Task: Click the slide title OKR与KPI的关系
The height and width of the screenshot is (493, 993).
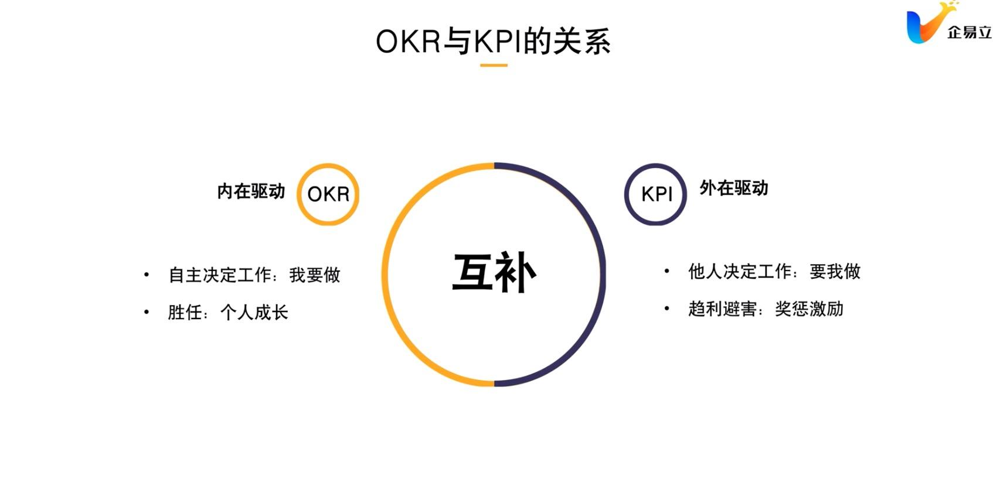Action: [x=493, y=42]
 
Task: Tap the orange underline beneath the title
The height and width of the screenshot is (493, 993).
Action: [x=494, y=66]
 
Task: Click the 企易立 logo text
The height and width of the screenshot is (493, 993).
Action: [x=969, y=32]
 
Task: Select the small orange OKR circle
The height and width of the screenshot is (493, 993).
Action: [x=328, y=194]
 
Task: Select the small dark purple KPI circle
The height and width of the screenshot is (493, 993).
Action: [x=655, y=194]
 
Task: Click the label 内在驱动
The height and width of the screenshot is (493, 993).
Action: [x=251, y=191]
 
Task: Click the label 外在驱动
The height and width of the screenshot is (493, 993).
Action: [x=733, y=188]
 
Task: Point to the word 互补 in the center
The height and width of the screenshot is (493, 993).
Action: [x=494, y=273]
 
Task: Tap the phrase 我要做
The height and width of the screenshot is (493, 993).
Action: [x=315, y=275]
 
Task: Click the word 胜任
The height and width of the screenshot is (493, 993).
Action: [x=185, y=312]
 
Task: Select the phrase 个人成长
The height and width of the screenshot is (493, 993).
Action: [x=254, y=312]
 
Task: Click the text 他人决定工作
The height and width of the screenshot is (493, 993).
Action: [x=740, y=271]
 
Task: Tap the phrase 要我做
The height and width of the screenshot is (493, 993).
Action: [x=835, y=271]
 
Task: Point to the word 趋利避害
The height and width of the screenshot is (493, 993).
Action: [x=722, y=309]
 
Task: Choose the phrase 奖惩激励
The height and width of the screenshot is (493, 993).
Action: [x=809, y=309]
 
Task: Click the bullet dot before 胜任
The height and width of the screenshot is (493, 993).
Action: [x=147, y=312]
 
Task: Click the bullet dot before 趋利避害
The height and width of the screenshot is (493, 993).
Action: [x=666, y=308]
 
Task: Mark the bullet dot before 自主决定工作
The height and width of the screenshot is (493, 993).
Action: [x=147, y=275]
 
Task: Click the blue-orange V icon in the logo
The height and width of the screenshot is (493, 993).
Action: [x=925, y=25]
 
